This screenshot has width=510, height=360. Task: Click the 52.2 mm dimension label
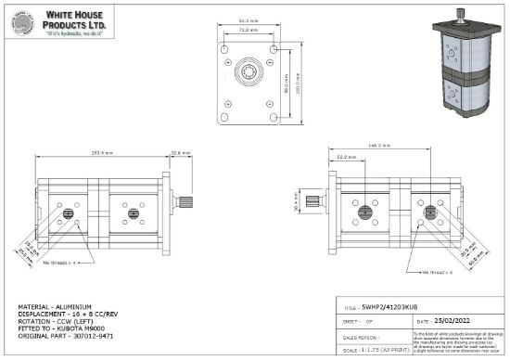point(347,158)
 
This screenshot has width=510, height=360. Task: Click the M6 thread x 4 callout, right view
point(436,273)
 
